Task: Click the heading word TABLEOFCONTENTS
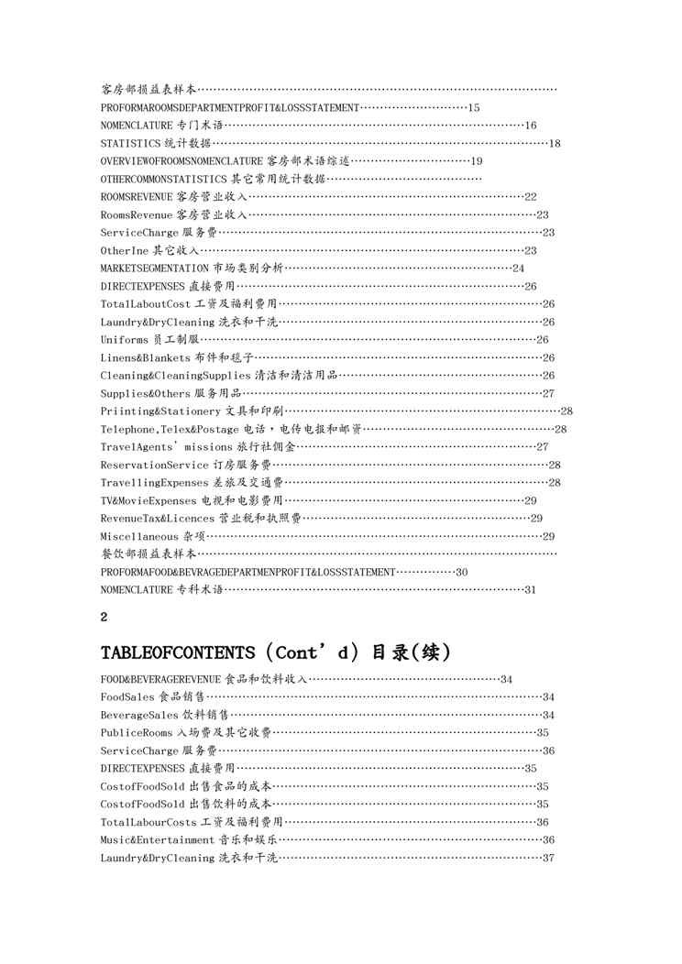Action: coord(177,652)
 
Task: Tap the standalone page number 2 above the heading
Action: coord(104,618)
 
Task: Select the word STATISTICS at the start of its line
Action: coord(131,143)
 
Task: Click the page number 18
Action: coord(555,143)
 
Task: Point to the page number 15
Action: coord(474,108)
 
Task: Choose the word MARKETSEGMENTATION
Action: coord(155,268)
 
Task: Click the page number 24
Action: coord(518,268)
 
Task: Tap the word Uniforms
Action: coord(125,339)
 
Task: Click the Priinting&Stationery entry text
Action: coord(161,411)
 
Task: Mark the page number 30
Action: coord(461,572)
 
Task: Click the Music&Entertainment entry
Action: coord(158,839)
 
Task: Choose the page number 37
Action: coord(548,858)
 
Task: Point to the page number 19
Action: coord(477,160)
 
